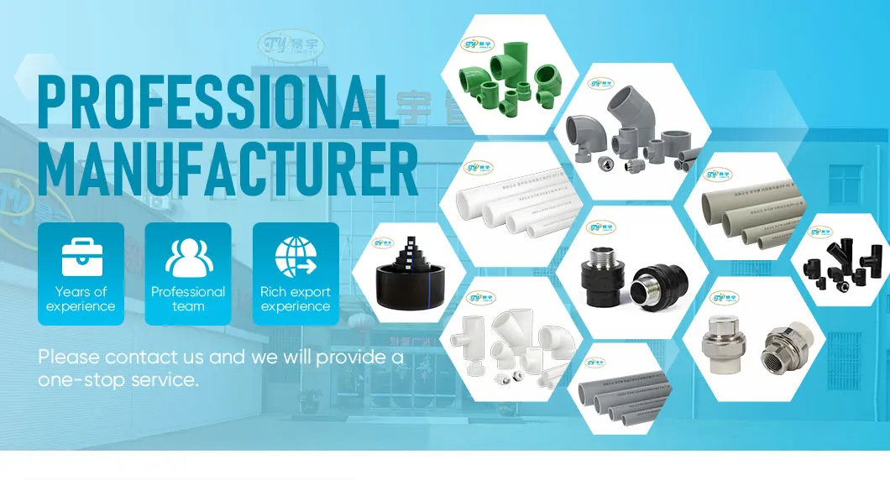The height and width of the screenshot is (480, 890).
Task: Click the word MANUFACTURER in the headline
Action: click(227, 170)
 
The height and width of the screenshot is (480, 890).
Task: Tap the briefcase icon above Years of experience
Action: click(81, 257)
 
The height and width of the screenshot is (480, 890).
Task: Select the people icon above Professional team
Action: click(188, 257)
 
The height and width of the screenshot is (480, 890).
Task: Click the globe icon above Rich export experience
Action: click(296, 257)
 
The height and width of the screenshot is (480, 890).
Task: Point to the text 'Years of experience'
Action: click(81, 299)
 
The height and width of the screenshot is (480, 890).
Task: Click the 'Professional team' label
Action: click(188, 299)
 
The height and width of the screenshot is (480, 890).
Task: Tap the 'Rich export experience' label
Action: click(296, 299)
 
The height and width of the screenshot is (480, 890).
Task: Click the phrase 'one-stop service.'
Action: click(118, 379)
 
